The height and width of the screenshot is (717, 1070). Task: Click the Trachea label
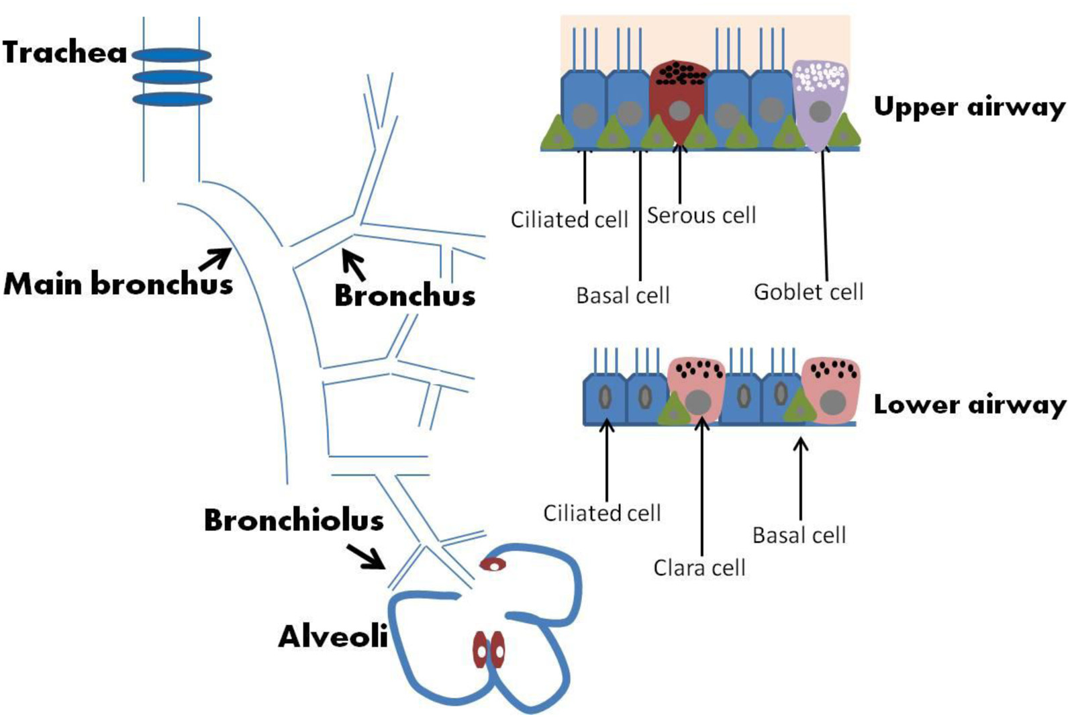pyautogui.click(x=64, y=52)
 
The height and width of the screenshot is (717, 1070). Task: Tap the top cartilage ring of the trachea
pyautogui.click(x=172, y=55)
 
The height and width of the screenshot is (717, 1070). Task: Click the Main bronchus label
pyautogui.click(x=118, y=283)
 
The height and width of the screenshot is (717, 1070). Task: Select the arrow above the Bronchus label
pyautogui.click(x=354, y=265)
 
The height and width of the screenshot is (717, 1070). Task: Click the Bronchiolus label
pyautogui.click(x=293, y=520)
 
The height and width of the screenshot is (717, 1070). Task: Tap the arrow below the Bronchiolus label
pyautogui.click(x=366, y=557)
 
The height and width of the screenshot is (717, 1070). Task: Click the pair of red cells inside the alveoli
pyautogui.click(x=488, y=649)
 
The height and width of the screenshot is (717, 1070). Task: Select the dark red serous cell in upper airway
pyautogui.click(x=679, y=101)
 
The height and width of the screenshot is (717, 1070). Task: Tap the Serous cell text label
pyautogui.click(x=701, y=216)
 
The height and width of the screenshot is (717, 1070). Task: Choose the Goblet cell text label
pyautogui.click(x=808, y=292)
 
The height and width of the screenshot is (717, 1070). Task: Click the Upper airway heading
pyautogui.click(x=969, y=107)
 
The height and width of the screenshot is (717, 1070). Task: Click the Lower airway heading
pyautogui.click(x=969, y=405)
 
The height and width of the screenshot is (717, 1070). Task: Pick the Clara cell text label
pyautogui.click(x=699, y=568)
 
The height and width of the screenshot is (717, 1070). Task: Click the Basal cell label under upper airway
pyautogui.click(x=622, y=295)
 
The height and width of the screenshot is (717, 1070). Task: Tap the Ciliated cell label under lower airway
pyautogui.click(x=601, y=514)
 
